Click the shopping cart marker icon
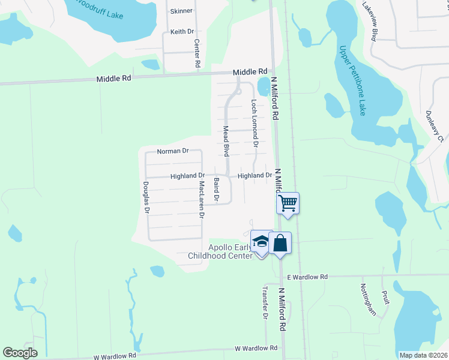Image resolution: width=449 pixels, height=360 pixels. (288, 203)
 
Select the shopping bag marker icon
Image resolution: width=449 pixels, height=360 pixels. (280, 243)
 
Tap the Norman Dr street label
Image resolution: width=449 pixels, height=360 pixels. (173, 151)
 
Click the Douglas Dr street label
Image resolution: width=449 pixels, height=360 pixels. (145, 197)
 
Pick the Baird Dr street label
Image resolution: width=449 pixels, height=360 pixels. (217, 189)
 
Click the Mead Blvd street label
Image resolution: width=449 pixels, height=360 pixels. (227, 141)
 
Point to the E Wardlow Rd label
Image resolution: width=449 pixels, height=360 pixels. (307, 277)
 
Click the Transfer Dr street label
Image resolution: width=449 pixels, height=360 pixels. (264, 302)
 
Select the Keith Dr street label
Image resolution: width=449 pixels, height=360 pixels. (182, 31)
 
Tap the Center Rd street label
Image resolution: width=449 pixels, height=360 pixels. (197, 53)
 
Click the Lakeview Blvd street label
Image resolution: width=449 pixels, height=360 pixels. (369, 21)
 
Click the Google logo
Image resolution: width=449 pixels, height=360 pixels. (20, 353)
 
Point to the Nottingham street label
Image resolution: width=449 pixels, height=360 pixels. (368, 299)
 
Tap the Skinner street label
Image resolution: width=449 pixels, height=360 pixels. (182, 11)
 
